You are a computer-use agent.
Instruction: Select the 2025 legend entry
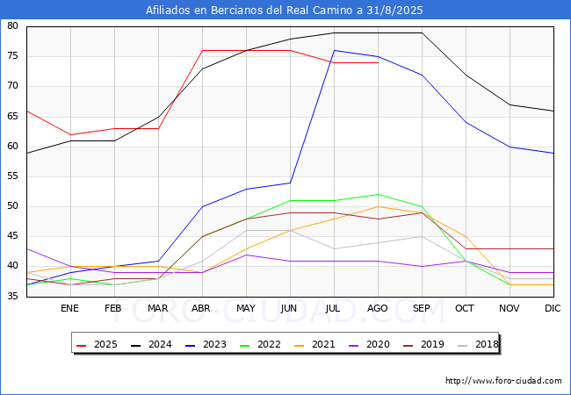coord(97,344)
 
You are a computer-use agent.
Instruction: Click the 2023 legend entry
coord(206,344)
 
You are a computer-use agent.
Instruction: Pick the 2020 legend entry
coord(369,344)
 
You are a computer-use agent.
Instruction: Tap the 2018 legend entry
coord(478,344)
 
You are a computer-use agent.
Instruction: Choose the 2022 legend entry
coord(260,344)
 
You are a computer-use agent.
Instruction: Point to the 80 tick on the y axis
coord(12,25)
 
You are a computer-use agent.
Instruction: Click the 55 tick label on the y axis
coord(12,176)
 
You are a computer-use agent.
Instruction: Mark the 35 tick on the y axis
coord(12,296)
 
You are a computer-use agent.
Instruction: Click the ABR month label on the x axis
coord(201,308)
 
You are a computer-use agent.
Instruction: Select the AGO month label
coord(377,308)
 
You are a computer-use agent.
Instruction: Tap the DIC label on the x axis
coord(553,308)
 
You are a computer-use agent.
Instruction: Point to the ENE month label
coord(69,308)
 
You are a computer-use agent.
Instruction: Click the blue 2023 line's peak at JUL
coord(335,51)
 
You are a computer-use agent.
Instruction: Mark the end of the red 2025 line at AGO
coord(378,62)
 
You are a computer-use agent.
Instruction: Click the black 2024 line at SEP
coord(422,32)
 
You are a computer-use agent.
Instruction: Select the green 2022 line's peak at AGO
coord(378,194)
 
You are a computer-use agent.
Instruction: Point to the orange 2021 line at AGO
coord(378,206)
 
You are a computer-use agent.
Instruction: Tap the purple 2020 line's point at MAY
coord(247,255)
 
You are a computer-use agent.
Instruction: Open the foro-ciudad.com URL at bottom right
coord(503,381)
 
